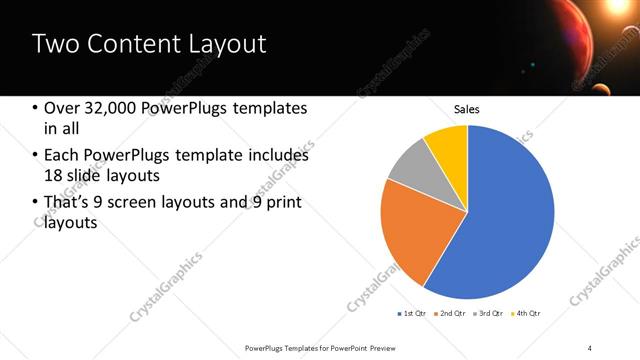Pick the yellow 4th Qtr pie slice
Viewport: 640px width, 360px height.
pyautogui.click(x=447, y=147)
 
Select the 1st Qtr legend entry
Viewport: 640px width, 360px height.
pyautogui.click(x=412, y=314)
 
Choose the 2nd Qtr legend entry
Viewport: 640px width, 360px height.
pyautogui.click(x=451, y=314)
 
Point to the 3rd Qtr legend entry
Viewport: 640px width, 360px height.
pyautogui.click(x=488, y=314)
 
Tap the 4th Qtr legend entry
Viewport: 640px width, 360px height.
pyautogui.click(x=526, y=314)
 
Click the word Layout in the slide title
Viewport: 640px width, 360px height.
pyautogui.click(x=226, y=44)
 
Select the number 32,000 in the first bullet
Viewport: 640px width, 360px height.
pyautogui.click(x=108, y=108)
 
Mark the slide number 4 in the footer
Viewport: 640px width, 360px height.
pyautogui.click(x=589, y=348)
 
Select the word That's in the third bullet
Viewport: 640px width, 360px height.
pyautogui.click(x=67, y=204)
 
